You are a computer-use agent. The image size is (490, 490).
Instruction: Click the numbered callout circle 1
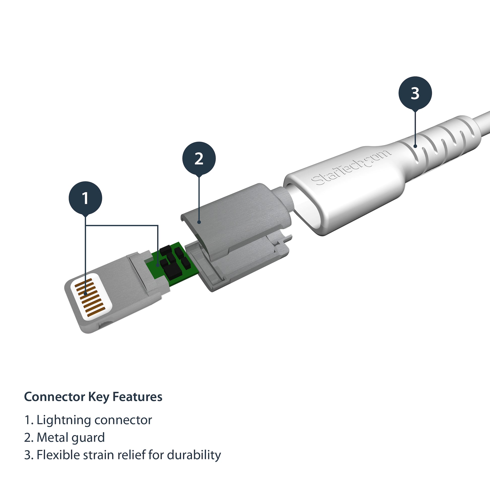click(x=85, y=198)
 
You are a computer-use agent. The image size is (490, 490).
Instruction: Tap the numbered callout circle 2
click(x=199, y=159)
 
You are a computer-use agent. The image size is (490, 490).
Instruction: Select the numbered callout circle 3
click(x=415, y=93)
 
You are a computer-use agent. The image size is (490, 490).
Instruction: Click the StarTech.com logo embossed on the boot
click(x=351, y=167)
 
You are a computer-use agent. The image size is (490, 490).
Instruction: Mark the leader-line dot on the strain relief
click(x=415, y=146)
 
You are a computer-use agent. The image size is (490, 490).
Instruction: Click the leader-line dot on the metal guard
click(x=199, y=222)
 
